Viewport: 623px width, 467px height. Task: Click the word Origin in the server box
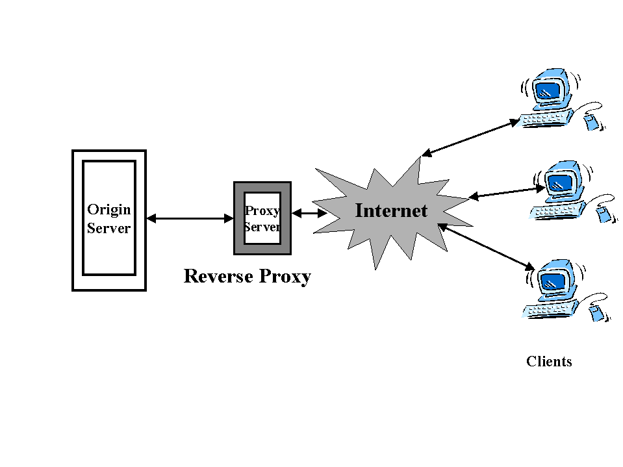109,209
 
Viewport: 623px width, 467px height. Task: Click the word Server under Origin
109,229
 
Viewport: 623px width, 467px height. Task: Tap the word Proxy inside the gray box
262,211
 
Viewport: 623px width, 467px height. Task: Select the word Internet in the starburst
391,210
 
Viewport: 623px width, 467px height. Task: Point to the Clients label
549,362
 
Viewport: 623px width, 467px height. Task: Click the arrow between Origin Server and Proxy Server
190,219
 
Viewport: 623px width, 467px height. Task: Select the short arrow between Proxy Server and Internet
309,212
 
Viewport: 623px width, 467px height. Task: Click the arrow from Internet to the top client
471,138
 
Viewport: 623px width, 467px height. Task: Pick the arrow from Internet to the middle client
507,192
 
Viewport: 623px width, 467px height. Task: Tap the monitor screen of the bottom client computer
553,281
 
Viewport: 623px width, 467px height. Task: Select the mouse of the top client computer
592,121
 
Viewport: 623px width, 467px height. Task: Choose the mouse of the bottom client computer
596,313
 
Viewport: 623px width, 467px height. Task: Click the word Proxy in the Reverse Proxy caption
285,276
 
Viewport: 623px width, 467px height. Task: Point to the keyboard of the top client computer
546,118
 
